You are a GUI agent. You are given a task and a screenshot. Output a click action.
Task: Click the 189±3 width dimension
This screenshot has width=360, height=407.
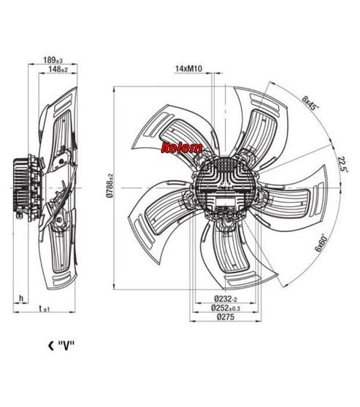pos(53,61)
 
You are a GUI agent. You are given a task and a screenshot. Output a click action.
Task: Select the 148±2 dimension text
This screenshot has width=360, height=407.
pos(58,69)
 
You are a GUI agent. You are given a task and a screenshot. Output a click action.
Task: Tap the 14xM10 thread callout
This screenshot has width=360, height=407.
pos(188,69)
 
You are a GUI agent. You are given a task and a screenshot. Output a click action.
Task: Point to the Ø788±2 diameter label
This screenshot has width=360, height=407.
pos(110,186)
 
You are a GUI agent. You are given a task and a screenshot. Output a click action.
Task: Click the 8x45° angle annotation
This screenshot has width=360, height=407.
pos(310,104)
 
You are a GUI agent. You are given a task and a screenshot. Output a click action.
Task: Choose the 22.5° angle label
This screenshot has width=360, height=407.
pos(343,164)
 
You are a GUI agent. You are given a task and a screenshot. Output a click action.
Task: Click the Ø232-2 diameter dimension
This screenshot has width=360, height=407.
pos(226,299)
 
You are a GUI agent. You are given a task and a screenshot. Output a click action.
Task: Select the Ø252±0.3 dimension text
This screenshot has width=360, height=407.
pos(226,308)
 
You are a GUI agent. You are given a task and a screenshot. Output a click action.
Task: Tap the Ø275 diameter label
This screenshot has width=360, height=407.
pos(226,317)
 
